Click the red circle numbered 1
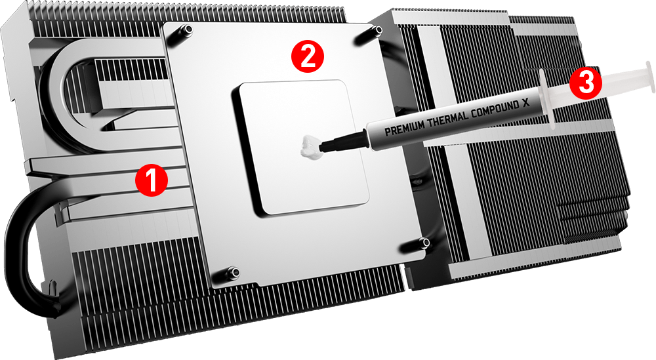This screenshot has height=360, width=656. point(151,180)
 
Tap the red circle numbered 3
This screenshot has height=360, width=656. point(584,83)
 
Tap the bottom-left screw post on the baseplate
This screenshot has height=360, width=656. point(234,271)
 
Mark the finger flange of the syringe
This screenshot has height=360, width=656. point(547,98)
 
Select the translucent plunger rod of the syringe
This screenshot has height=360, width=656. point(610,85)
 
